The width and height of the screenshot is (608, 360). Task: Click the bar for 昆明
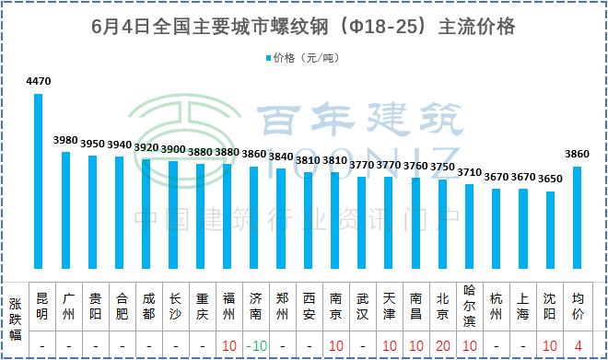pos(39,184)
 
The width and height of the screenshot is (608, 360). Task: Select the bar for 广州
pos(65,212)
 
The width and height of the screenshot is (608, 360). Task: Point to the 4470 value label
pos(39,82)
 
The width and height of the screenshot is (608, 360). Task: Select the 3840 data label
pos(281,157)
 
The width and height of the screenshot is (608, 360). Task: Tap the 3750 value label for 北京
pos(442,167)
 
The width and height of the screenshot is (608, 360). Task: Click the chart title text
pos(304,27)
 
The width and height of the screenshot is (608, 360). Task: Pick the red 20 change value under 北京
pos(442,345)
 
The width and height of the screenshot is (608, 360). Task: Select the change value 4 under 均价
pos(578,345)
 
